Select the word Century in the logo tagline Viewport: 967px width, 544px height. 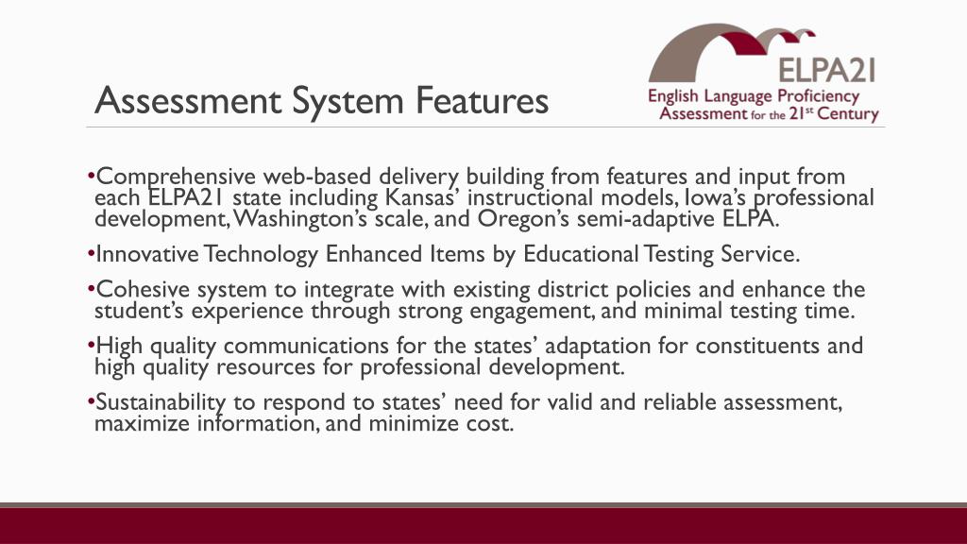[x=846, y=114]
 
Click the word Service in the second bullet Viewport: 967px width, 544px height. [x=761, y=255]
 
